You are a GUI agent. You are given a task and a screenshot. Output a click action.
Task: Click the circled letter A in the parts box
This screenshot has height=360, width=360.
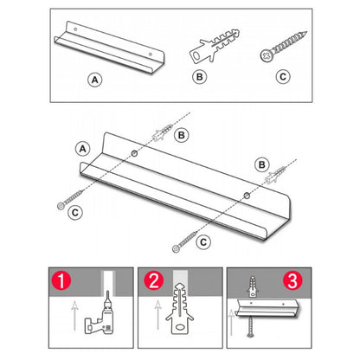coord(95,80)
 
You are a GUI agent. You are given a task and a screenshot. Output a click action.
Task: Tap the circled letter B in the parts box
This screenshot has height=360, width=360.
coord(199,77)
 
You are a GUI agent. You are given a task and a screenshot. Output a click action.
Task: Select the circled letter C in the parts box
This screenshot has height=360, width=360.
coord(283,77)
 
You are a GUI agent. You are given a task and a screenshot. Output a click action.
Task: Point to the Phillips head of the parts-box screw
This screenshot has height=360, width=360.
coord(266,55)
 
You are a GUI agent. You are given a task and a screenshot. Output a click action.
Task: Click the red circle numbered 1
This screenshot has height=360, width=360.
coord(61,280)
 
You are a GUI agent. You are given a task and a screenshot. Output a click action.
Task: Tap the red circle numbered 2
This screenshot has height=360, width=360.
coord(154,280)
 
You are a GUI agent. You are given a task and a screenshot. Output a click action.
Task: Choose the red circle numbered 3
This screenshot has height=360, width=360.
coord(292,280)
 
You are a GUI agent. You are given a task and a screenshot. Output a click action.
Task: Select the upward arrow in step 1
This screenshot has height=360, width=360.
coord(74,316)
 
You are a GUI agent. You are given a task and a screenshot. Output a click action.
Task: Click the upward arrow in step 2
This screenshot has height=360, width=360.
coord(157,315)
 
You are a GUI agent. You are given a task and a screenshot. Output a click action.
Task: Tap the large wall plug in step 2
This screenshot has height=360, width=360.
coord(179,309)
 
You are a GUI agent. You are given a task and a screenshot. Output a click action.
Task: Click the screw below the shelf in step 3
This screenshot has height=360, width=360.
coord(250,326)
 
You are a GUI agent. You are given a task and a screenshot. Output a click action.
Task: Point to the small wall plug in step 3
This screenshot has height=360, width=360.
coord(252,286)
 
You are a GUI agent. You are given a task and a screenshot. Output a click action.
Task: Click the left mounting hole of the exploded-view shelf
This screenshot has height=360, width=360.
coord(134,153)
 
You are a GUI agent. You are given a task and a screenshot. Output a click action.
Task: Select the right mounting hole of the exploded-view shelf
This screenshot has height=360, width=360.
coord(247,196)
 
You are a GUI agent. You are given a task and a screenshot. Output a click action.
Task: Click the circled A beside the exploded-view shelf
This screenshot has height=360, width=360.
coord(83,149)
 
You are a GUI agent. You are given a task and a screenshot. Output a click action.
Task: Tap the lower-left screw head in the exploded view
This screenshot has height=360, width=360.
coord(61,206)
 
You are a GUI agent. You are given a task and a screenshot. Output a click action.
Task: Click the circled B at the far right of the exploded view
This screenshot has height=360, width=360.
coord(262,164)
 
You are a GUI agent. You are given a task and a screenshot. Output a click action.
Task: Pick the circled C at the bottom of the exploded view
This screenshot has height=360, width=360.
coord(203,241)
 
